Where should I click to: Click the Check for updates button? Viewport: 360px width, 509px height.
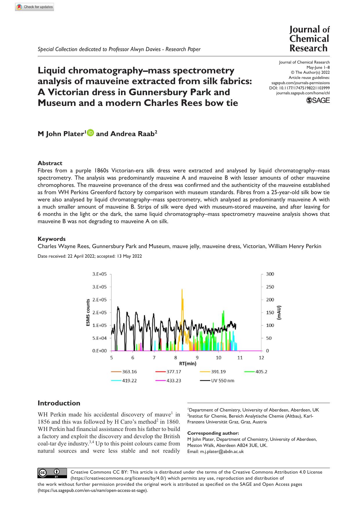(x=35, y=7)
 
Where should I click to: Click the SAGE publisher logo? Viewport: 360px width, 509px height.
(x=318, y=100)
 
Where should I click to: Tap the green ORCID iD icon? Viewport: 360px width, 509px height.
(x=90, y=133)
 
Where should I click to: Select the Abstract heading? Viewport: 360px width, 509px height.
(x=50, y=163)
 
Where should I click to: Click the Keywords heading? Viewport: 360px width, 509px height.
(x=52, y=239)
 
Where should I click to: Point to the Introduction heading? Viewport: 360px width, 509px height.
(x=59, y=403)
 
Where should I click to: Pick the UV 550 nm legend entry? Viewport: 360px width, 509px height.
(x=217, y=380)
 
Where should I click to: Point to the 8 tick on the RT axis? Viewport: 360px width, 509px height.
(x=176, y=358)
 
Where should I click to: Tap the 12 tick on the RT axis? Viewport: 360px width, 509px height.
(x=261, y=358)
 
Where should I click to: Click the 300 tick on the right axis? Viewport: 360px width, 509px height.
(x=270, y=274)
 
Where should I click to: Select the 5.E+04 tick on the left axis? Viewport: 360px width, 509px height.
(x=100, y=338)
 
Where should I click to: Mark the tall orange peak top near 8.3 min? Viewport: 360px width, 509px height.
(x=182, y=289)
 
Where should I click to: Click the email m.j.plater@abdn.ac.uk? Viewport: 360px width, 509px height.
(x=222, y=452)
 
